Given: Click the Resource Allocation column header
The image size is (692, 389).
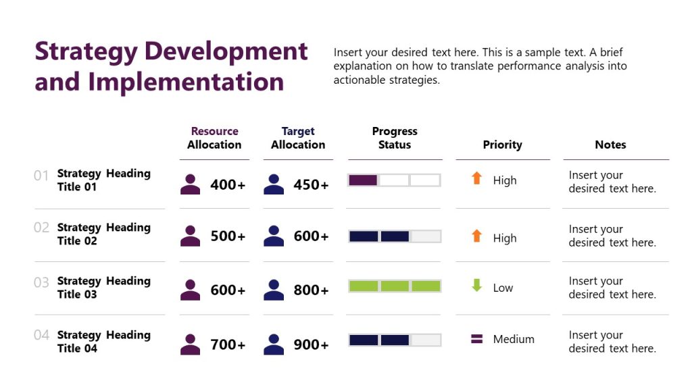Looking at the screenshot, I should click(x=214, y=138).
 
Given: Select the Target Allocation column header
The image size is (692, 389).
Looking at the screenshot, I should click(x=298, y=138).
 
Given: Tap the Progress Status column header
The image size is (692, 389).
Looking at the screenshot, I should click(x=395, y=138).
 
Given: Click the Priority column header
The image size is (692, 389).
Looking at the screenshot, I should click(x=502, y=145).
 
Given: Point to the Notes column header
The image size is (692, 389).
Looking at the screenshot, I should click(x=610, y=145).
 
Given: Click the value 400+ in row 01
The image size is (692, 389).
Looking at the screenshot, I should click(x=228, y=184).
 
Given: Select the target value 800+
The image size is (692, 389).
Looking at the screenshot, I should click(x=311, y=290).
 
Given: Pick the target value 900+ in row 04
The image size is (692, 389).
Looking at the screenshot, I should click(x=311, y=344).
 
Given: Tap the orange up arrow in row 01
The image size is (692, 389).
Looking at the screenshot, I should click(x=477, y=178).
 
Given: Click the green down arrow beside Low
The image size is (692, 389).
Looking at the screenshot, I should click(x=477, y=286).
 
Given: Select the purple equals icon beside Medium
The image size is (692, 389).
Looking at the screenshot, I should click(x=477, y=339).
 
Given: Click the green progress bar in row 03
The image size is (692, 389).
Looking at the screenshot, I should click(x=395, y=286).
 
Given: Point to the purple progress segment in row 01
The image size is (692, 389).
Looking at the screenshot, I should click(x=364, y=180).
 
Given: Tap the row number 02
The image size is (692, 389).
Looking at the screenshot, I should click(x=41, y=228).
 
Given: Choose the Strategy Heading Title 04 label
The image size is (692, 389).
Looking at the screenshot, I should click(x=103, y=342).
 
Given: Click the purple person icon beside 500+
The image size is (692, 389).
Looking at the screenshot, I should click(x=191, y=236).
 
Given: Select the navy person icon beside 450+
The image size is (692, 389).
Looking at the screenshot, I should click(x=274, y=184).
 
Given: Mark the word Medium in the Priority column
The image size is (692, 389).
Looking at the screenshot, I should click(x=514, y=339).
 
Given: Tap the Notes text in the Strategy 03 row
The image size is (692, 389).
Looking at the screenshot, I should click(x=612, y=288).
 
